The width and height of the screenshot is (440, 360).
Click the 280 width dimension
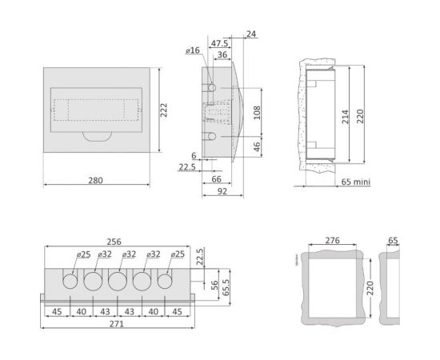tap(95, 180)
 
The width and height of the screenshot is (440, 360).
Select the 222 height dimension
tap(164, 110)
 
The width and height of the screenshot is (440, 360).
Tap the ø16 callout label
tap(193, 50)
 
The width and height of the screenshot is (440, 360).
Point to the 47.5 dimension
tap(219, 43)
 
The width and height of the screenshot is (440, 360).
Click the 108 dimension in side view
tap(257, 113)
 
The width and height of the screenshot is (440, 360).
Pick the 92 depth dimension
tap(222, 191)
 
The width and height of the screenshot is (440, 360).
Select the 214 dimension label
tap(345, 117)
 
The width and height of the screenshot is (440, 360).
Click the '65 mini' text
tap(356, 182)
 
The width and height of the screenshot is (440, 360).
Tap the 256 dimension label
tap(114, 242)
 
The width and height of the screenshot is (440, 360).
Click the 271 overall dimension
tap(117, 324)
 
